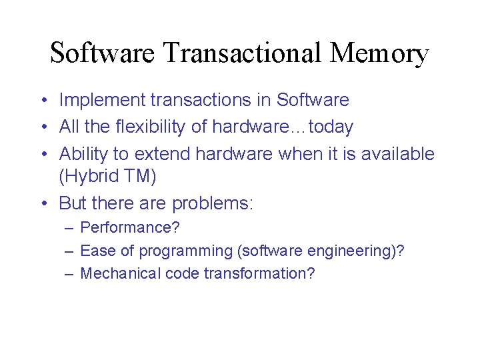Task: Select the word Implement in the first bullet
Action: click(x=102, y=101)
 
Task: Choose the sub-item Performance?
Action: click(x=130, y=227)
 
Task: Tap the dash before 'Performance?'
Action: click(x=69, y=227)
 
